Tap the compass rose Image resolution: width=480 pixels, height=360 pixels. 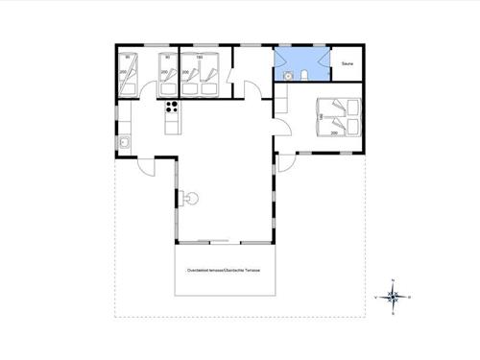394,297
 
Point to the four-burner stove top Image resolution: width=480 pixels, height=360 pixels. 173,107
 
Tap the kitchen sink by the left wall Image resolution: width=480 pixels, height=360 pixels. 126,143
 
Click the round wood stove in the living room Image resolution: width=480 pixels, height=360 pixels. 191,199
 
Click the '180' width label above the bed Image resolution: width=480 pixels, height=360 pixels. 200,57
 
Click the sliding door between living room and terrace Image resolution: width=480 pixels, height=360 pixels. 214,240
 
